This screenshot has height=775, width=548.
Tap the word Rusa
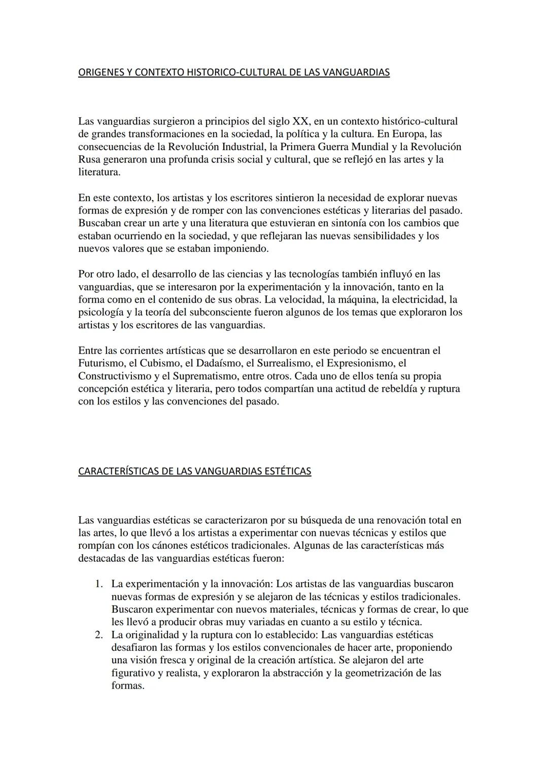click(89, 159)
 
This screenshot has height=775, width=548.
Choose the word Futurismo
click(100, 363)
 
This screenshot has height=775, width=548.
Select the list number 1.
click(99, 584)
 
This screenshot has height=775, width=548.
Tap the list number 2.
click(99, 635)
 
